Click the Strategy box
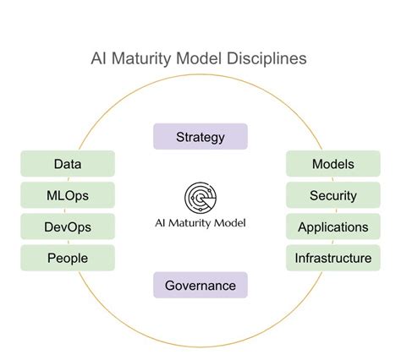coord(200,137)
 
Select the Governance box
coord(200,285)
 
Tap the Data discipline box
coord(68,164)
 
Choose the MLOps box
coord(68,195)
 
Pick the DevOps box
coord(68,226)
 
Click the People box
coord(68,258)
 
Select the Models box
coord(333,164)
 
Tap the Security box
coord(333,195)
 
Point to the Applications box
coord(333,226)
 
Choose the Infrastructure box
coord(333,258)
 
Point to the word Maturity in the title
coord(141,59)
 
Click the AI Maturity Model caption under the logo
coord(200,225)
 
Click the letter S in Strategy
coord(180,137)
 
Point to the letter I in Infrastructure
coord(297,258)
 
